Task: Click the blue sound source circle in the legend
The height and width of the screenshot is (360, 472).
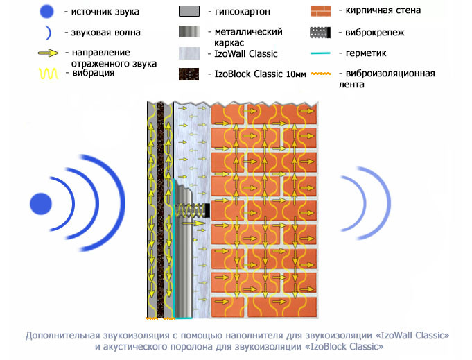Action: (x=46, y=11)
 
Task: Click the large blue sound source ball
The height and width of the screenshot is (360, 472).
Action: (x=42, y=203)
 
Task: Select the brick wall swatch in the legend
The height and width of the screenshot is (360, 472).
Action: (x=323, y=11)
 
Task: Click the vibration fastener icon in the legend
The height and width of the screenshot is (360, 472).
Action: (x=323, y=32)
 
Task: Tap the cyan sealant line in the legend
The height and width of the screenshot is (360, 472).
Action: (x=323, y=53)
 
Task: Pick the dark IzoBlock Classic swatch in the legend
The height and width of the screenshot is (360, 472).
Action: (x=189, y=74)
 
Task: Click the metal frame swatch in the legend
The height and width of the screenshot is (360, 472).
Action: (x=189, y=33)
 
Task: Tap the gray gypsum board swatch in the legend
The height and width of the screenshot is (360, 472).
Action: (x=189, y=12)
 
